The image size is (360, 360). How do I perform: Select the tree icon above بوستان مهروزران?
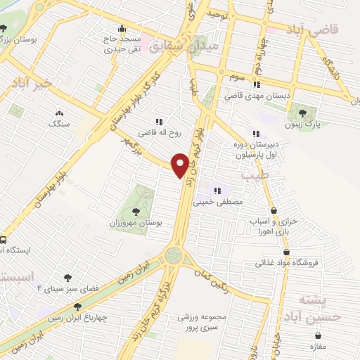[136, 210]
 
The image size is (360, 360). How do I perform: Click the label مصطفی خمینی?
[222, 201]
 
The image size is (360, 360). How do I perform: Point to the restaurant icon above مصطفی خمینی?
[217, 190]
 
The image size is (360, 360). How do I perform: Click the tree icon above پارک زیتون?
[302, 112]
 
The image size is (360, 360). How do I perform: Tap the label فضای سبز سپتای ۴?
[64, 289]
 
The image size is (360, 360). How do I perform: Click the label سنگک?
[59, 124]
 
